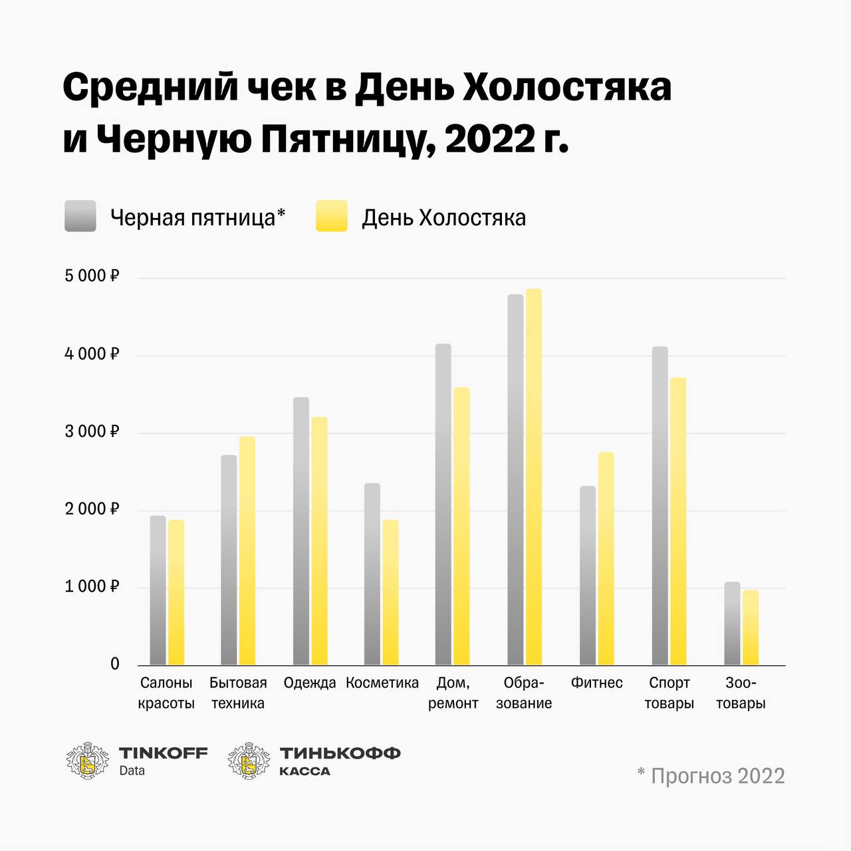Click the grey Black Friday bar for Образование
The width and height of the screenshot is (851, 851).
click(515, 479)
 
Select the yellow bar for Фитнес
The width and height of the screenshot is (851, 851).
click(606, 558)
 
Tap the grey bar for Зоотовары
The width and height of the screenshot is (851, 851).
click(732, 624)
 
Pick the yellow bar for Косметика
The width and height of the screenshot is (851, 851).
click(390, 592)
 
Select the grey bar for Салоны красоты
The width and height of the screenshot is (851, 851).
click(158, 590)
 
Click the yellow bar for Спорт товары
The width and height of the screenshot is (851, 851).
click(678, 521)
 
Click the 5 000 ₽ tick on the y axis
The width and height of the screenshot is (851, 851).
click(91, 276)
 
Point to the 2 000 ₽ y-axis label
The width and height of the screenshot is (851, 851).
click(91, 509)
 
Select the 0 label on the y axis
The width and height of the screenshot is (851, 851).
click(115, 664)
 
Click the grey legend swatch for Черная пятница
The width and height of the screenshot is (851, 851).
click(80, 216)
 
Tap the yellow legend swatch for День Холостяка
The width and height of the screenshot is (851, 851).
click(332, 216)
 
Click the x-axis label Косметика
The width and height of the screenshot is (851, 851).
click(382, 683)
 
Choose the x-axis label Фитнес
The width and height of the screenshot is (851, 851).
click(597, 683)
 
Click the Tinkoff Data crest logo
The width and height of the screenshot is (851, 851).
click(88, 761)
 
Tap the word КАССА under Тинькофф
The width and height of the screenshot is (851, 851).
click(304, 771)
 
